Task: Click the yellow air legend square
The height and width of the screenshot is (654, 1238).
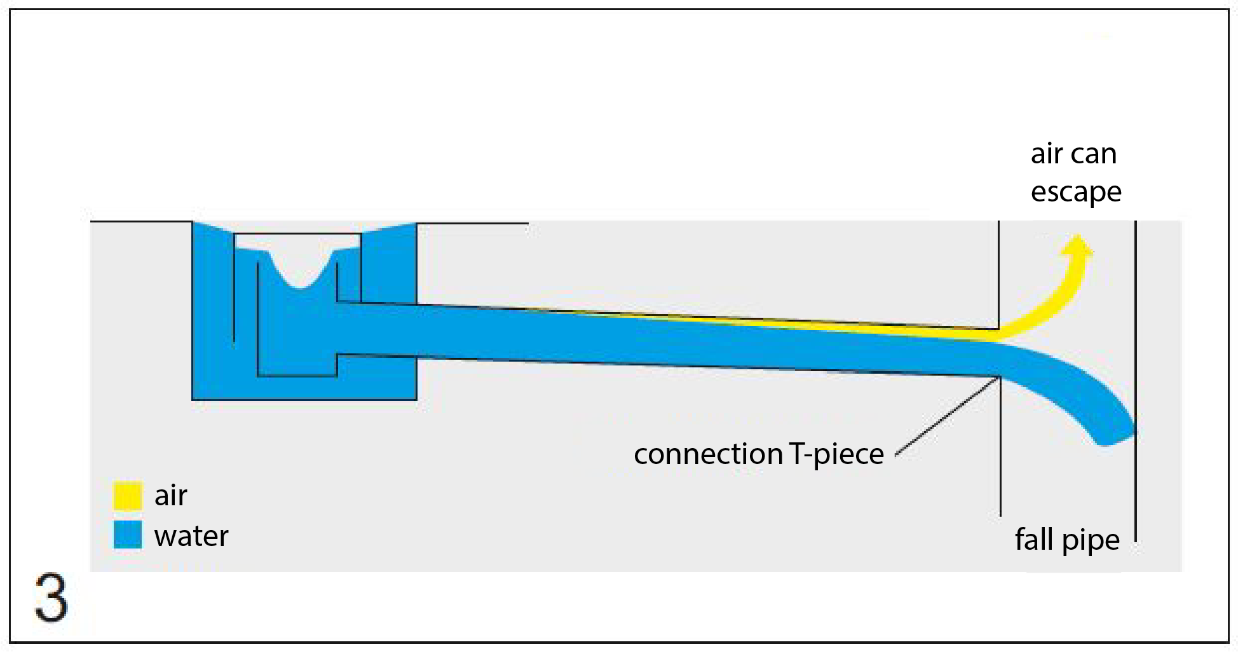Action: click(127, 496)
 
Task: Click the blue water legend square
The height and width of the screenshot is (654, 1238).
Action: click(127, 535)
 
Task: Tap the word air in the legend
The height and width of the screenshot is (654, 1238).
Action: click(170, 495)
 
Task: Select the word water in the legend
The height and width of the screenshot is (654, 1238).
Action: click(191, 536)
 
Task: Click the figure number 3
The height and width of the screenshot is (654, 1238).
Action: click(51, 597)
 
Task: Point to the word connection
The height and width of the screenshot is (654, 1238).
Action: click(708, 454)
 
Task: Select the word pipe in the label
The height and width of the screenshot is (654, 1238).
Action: click(1091, 542)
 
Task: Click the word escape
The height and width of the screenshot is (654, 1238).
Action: click(1076, 193)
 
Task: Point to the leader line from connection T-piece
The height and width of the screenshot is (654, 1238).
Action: click(948, 416)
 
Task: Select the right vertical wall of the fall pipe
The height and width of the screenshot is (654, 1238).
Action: click(1135, 381)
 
